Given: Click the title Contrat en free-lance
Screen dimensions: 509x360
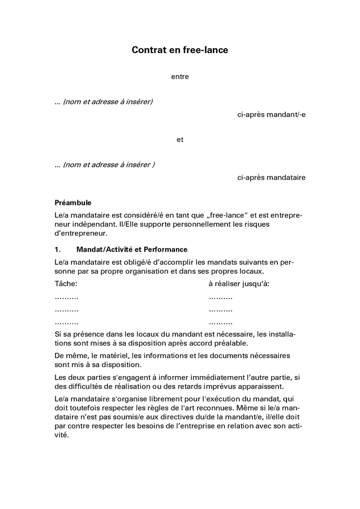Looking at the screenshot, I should pyautogui.click(x=180, y=50).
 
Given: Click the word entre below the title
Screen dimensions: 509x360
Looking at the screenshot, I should pyautogui.click(x=180, y=77).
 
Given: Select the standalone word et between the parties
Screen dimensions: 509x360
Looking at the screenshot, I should pyautogui.click(x=180, y=140).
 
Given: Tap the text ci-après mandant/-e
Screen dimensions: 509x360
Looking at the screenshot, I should pyautogui.click(x=271, y=115).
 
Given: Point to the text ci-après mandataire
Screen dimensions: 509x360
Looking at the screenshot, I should pyautogui.click(x=271, y=178).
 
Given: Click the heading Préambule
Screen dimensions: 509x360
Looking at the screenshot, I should pyautogui.click(x=72, y=202).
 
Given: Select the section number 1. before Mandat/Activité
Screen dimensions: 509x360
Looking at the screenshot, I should pyautogui.click(x=57, y=249).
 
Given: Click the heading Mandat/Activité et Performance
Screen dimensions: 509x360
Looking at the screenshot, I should pyautogui.click(x=131, y=249).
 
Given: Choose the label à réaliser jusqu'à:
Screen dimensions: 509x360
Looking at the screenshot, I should pyautogui.click(x=239, y=283).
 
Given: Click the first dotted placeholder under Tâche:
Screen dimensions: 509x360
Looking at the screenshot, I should pyautogui.click(x=66, y=297).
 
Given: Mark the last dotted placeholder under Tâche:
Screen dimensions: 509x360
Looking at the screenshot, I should pyautogui.click(x=66, y=322).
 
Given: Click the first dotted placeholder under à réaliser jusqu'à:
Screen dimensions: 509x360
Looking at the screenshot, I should pyautogui.click(x=220, y=297).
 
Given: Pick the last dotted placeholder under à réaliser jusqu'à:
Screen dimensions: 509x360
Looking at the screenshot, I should pyautogui.click(x=220, y=322).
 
